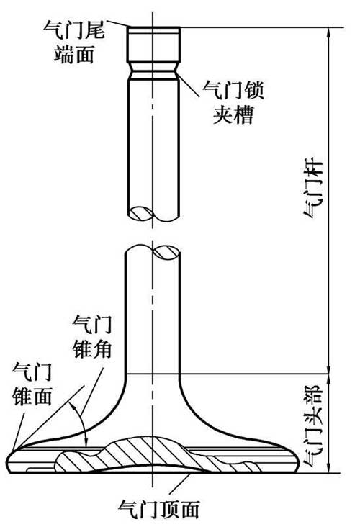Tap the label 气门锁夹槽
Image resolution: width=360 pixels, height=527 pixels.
point(233,102)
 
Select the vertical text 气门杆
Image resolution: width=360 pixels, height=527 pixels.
point(313,189)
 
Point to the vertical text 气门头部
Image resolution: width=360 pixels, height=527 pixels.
point(313,425)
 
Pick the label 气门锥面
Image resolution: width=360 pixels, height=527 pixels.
point(32,384)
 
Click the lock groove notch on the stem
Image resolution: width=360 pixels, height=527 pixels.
point(153,71)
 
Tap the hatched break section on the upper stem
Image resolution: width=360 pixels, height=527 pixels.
point(141,213)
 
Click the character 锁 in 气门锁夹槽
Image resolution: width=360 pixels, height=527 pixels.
point(253,90)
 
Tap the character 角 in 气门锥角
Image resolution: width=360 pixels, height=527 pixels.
point(102,350)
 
